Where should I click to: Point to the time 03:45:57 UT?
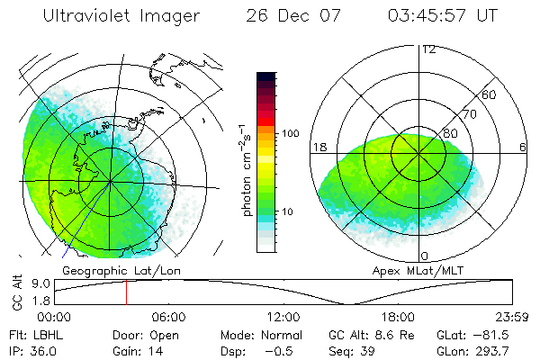(x=442, y=16)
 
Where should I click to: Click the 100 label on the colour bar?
(x=290, y=132)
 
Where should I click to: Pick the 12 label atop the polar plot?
(x=428, y=49)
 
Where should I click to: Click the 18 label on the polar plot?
(x=319, y=147)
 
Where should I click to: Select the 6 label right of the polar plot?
(x=523, y=147)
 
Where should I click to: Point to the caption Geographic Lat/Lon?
(x=110, y=270)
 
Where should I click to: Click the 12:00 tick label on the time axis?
(x=283, y=317)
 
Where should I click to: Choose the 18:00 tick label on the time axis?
(x=398, y=317)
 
